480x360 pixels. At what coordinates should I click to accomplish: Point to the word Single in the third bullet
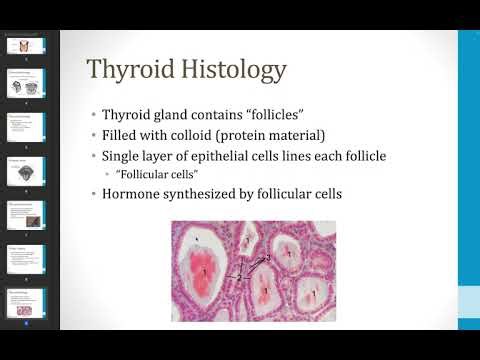(124, 157)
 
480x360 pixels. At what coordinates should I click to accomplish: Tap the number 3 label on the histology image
(268, 258)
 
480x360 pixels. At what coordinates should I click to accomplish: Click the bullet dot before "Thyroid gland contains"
(94, 115)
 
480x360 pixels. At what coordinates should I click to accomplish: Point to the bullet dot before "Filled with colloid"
(94, 136)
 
